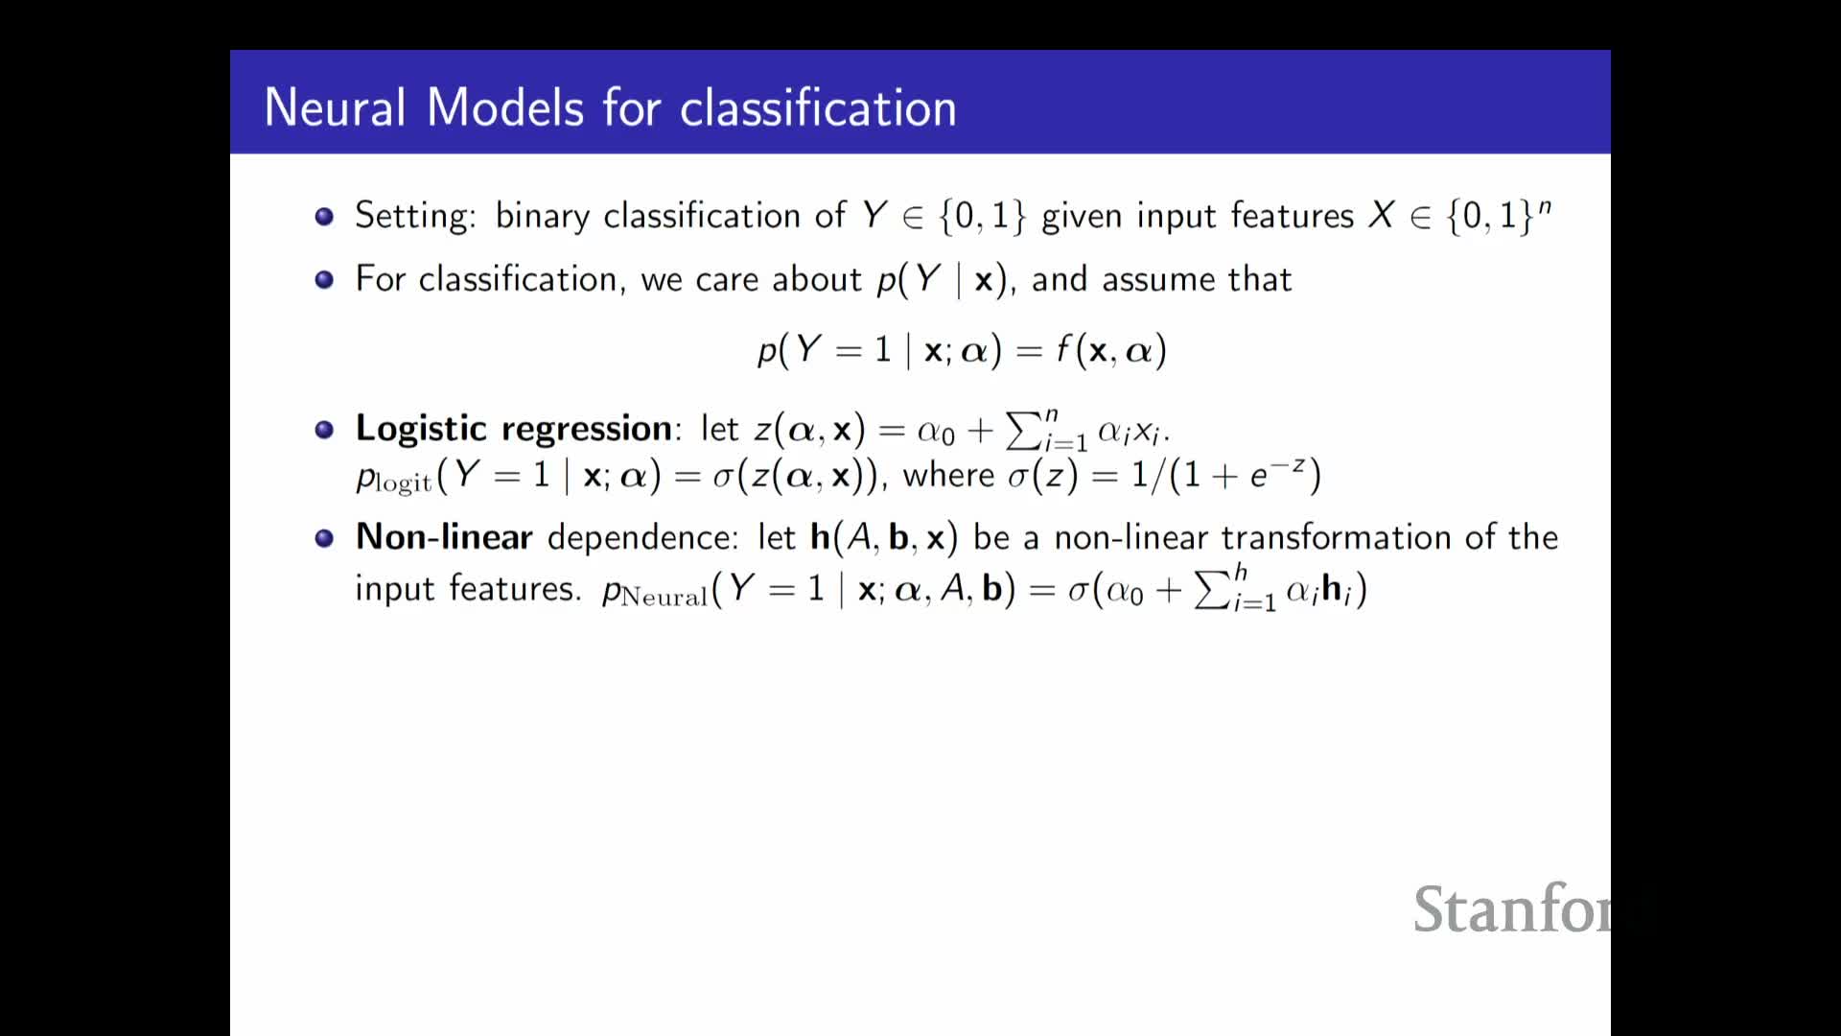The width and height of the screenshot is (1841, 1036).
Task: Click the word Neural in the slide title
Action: [335, 107]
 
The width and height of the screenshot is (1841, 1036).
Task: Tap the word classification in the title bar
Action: [818, 107]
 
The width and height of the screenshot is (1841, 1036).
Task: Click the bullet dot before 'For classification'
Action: [324, 279]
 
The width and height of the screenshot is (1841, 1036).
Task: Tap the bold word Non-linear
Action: [444, 537]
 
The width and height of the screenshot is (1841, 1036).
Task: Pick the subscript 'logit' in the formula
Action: [404, 483]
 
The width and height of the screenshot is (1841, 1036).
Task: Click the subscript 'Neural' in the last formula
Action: [664, 597]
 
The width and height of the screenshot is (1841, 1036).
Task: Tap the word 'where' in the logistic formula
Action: [949, 475]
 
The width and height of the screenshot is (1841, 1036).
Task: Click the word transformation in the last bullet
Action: [1336, 537]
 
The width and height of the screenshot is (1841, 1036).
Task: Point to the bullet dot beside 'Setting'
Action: [324, 216]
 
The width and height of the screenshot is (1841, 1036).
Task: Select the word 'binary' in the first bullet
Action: [543, 217]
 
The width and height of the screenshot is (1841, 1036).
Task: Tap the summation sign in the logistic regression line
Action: [1023, 431]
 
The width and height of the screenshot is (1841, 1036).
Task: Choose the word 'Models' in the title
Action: [505, 107]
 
